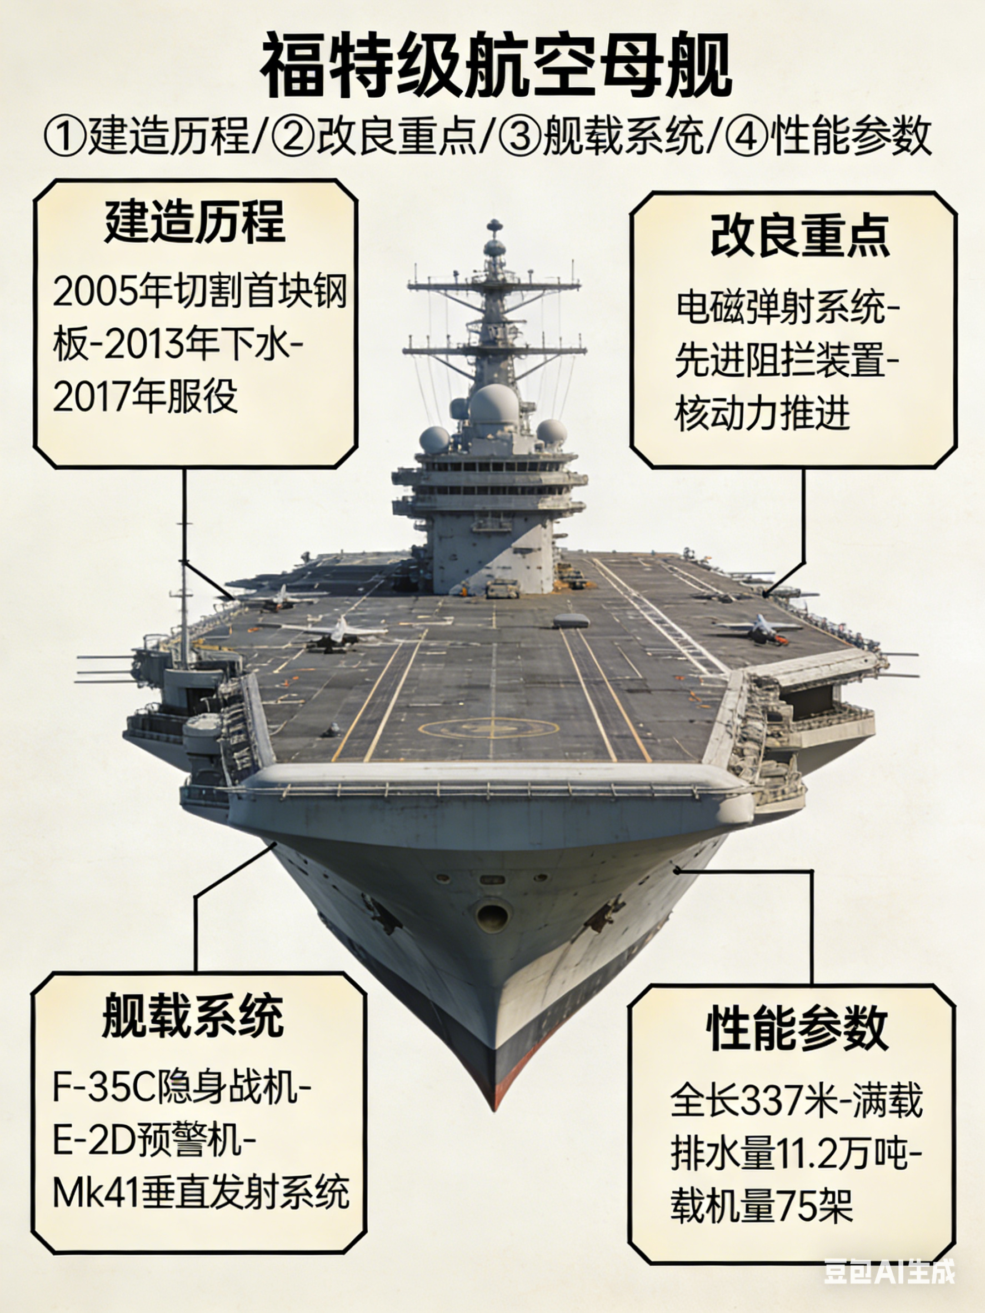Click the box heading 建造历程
tap(195, 222)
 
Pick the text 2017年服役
tap(146, 397)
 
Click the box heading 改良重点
tap(800, 235)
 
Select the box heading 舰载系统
tap(193, 1016)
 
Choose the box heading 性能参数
tap(797, 1029)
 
